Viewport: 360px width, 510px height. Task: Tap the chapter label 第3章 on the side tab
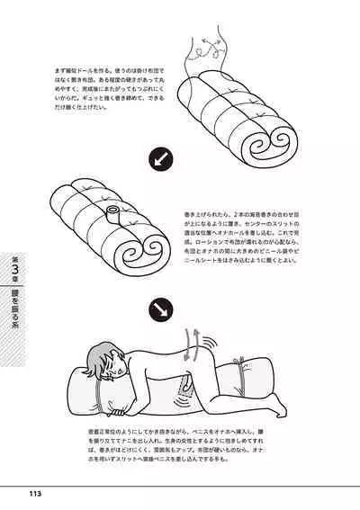[13, 269]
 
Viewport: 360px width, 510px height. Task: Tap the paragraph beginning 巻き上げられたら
[249, 242]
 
